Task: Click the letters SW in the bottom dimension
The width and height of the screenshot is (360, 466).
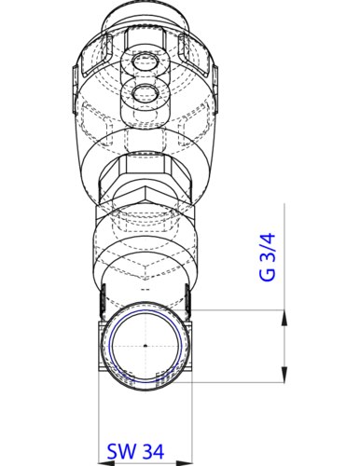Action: tap(118, 450)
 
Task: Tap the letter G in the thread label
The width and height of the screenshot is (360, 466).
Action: tap(268, 277)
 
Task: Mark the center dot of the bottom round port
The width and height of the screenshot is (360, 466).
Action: tap(145, 346)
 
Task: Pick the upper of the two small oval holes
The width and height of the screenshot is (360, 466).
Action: tap(145, 63)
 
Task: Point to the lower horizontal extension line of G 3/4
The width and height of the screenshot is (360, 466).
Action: tap(242, 381)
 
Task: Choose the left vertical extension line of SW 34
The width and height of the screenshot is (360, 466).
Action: tap(100, 410)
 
